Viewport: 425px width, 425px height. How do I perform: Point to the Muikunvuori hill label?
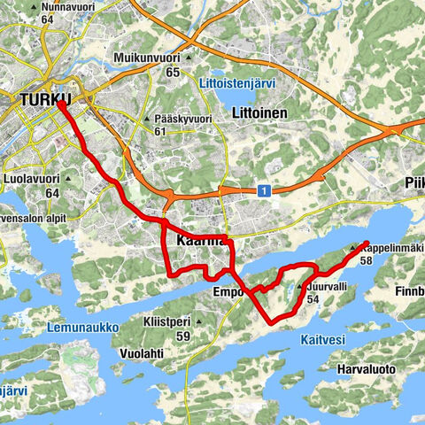point(146,58)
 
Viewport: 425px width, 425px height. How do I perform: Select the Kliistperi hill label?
point(177,322)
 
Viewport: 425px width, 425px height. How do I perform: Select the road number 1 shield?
point(264,189)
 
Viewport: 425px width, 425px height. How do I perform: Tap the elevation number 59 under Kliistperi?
point(183,336)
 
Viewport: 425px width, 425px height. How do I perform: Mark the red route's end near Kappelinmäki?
point(366,243)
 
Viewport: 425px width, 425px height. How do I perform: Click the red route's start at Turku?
point(58,102)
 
